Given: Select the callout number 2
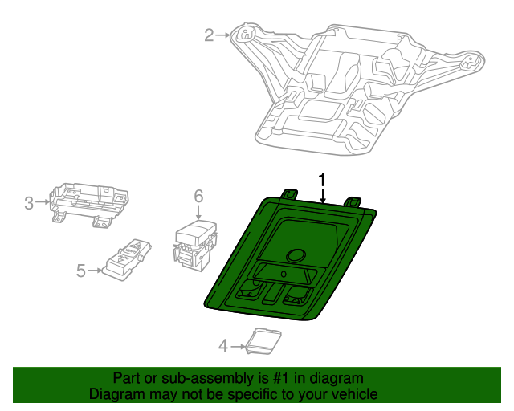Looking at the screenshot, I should (x=209, y=35).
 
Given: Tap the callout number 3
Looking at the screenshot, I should (x=29, y=203).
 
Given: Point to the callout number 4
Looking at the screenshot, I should (x=223, y=346).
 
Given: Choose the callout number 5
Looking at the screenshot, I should (x=80, y=271).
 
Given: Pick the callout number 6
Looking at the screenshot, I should (x=198, y=195).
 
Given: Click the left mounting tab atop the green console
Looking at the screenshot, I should (x=289, y=193).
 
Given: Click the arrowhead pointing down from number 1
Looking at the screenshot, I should (x=323, y=201).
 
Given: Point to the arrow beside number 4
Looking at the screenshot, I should (x=239, y=346).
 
